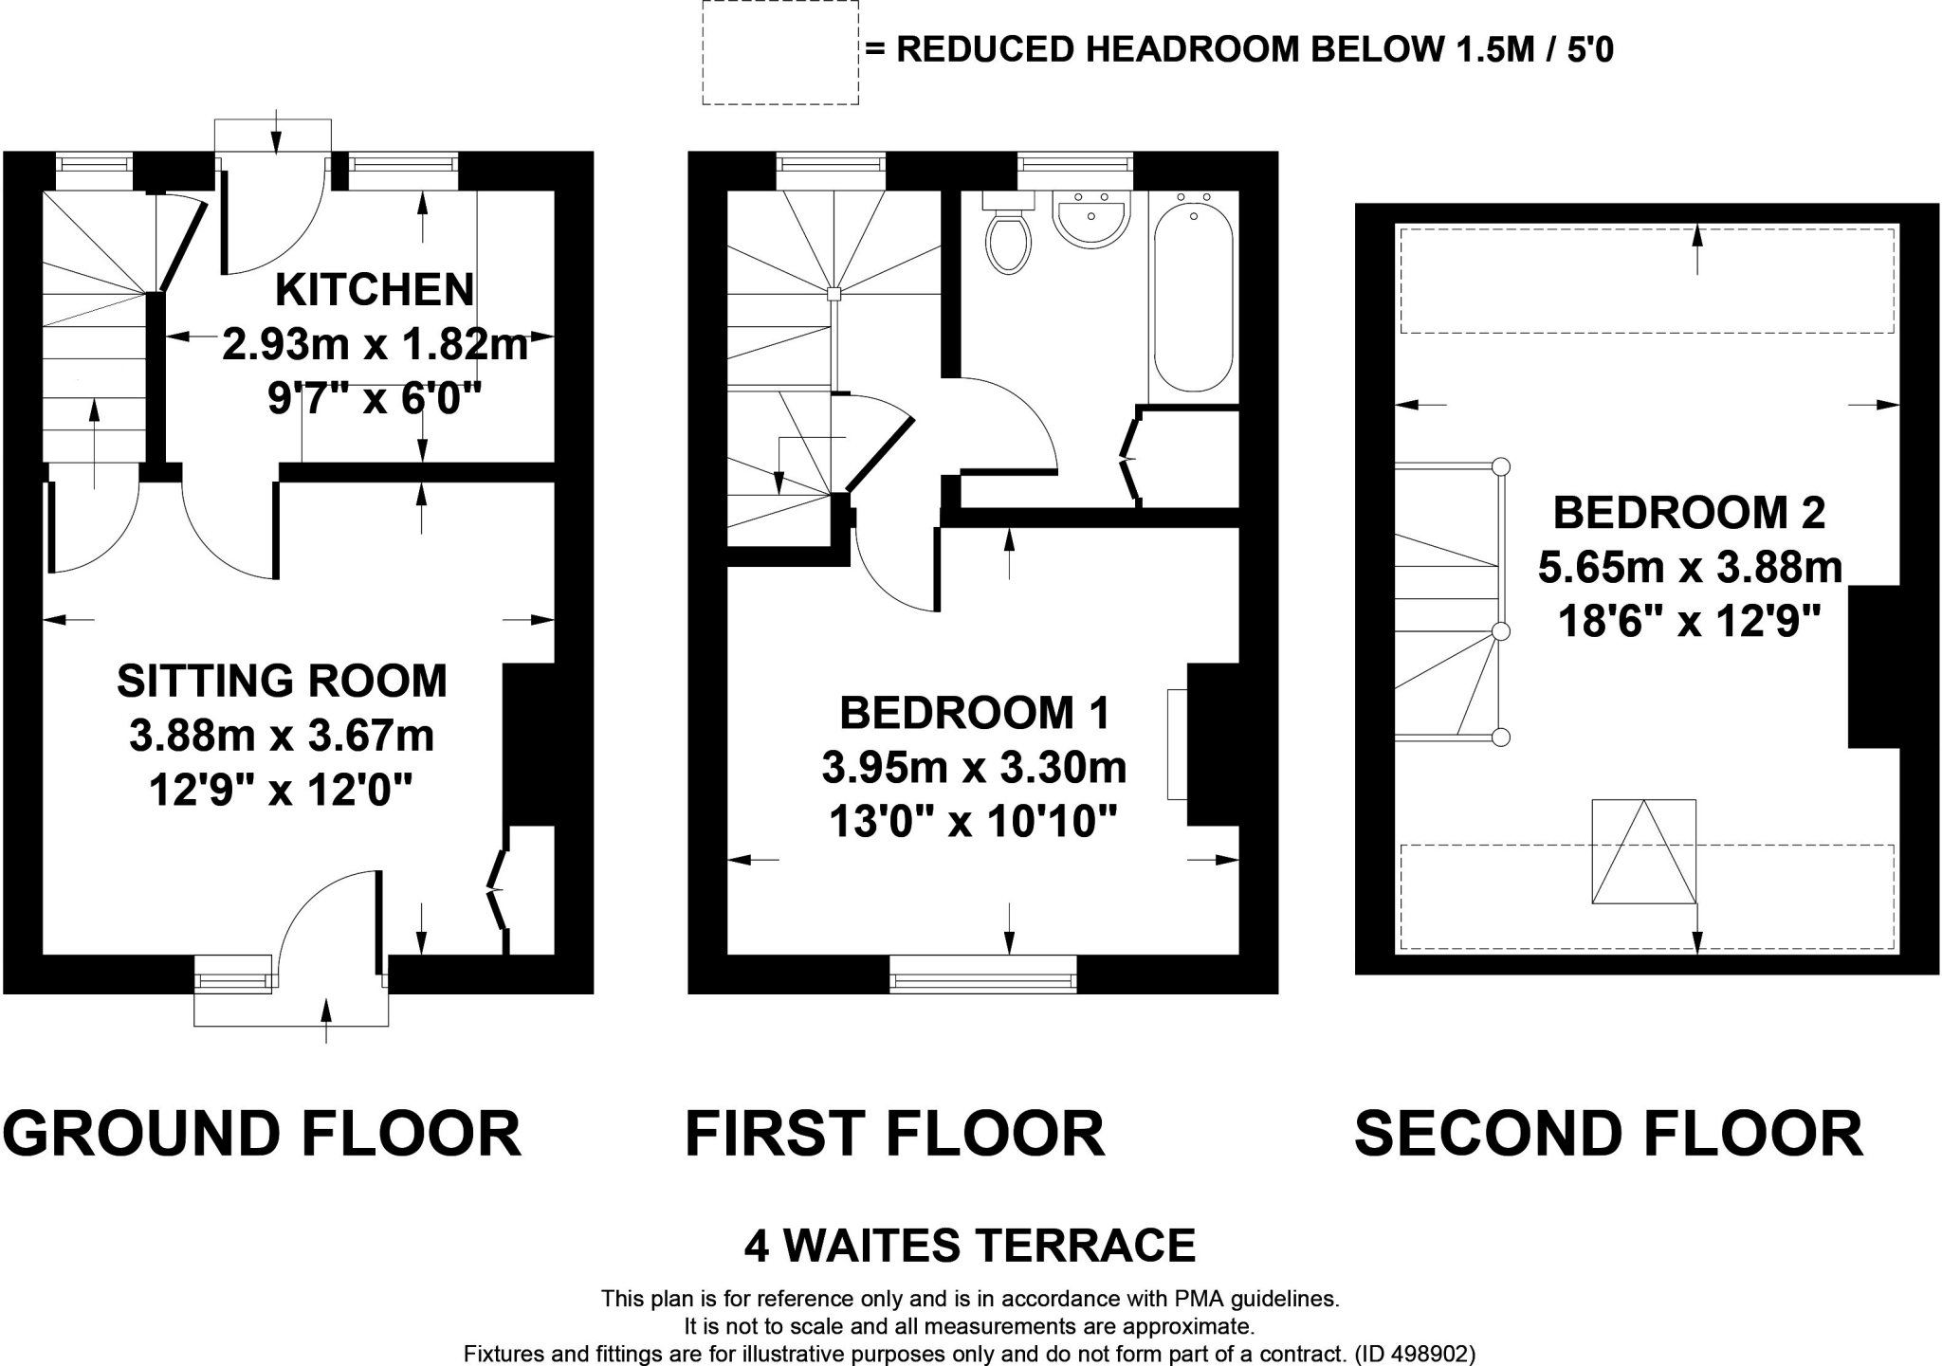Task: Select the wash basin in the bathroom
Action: (x=1090, y=219)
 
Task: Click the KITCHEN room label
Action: (x=375, y=290)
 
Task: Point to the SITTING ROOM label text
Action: (x=282, y=681)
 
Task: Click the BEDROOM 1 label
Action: (x=974, y=713)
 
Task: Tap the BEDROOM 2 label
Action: (x=1689, y=513)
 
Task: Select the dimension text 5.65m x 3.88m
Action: (x=1690, y=568)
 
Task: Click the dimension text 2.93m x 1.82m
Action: (x=375, y=344)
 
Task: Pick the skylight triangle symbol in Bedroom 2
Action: (x=1643, y=851)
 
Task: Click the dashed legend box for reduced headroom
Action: (x=779, y=52)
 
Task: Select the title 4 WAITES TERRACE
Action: (x=969, y=1246)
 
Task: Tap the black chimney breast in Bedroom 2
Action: (x=1874, y=666)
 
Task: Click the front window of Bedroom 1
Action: (x=982, y=974)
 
